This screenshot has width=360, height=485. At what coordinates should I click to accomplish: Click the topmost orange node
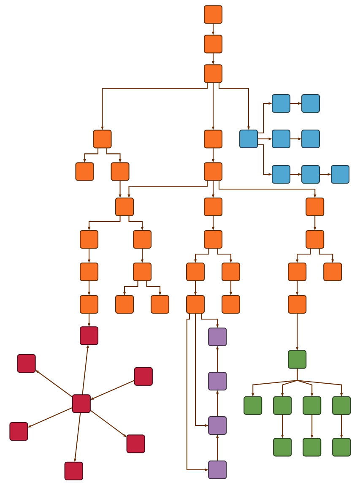pos(213,14)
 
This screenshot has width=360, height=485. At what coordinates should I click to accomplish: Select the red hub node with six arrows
pos(81,404)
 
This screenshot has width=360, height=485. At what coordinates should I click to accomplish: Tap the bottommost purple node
pos(217,470)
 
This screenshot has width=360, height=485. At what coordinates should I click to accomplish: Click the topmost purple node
pos(217,337)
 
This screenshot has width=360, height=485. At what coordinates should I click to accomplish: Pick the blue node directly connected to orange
pos(249,139)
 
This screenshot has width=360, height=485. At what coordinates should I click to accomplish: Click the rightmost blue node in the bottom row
pos(340,174)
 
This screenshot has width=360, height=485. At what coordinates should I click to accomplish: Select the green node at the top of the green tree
pos(297,360)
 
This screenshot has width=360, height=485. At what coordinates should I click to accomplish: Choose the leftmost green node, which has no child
pos(253,406)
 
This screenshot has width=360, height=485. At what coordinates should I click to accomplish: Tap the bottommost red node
pos(74,471)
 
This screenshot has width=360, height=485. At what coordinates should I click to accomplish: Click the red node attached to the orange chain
pos(89,336)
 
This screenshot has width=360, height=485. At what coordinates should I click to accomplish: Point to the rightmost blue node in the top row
pos(311,103)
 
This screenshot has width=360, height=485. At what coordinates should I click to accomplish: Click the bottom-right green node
pos(341,447)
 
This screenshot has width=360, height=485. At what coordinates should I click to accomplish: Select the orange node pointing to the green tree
pos(297,304)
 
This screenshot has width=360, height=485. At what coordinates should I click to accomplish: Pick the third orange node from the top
pos(213,73)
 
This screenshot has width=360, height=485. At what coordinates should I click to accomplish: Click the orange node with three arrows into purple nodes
pos(195,304)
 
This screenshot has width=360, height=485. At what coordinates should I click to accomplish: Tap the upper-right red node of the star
pos(143,377)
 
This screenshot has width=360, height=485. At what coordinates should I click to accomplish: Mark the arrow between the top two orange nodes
pos(213,29)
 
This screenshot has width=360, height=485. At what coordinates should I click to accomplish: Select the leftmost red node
pos(19,431)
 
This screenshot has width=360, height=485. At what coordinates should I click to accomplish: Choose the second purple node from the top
pos(217,381)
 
